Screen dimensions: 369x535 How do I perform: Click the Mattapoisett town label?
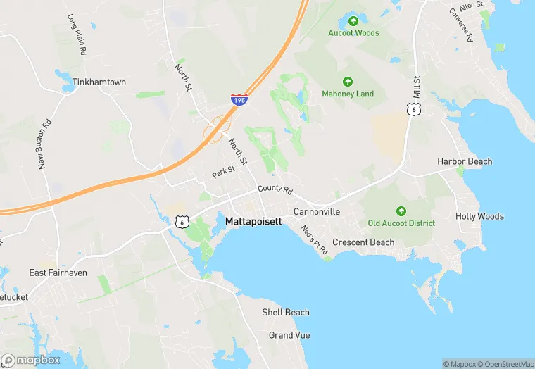[253, 221]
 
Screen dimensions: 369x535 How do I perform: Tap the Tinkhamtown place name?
[99, 82]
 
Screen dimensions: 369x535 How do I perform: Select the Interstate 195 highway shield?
[239, 101]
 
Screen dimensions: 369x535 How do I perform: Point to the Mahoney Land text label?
[348, 94]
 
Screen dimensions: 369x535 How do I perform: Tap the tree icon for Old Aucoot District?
[401, 211]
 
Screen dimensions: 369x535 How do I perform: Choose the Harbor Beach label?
[465, 161]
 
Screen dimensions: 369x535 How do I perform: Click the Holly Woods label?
[479, 216]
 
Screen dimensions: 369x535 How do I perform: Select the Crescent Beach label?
[363, 242]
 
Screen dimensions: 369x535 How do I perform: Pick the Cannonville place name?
[317, 211]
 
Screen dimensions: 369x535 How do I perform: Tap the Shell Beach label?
[286, 312]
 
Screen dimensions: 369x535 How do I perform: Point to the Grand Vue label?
[289, 335]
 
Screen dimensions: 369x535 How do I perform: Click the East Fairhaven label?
[58, 273]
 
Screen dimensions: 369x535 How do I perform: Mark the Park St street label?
[224, 171]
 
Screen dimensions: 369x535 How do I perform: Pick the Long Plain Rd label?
[77, 35]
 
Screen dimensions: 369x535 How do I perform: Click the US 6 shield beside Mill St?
[414, 108]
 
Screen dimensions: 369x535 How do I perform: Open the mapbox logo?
[32, 360]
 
